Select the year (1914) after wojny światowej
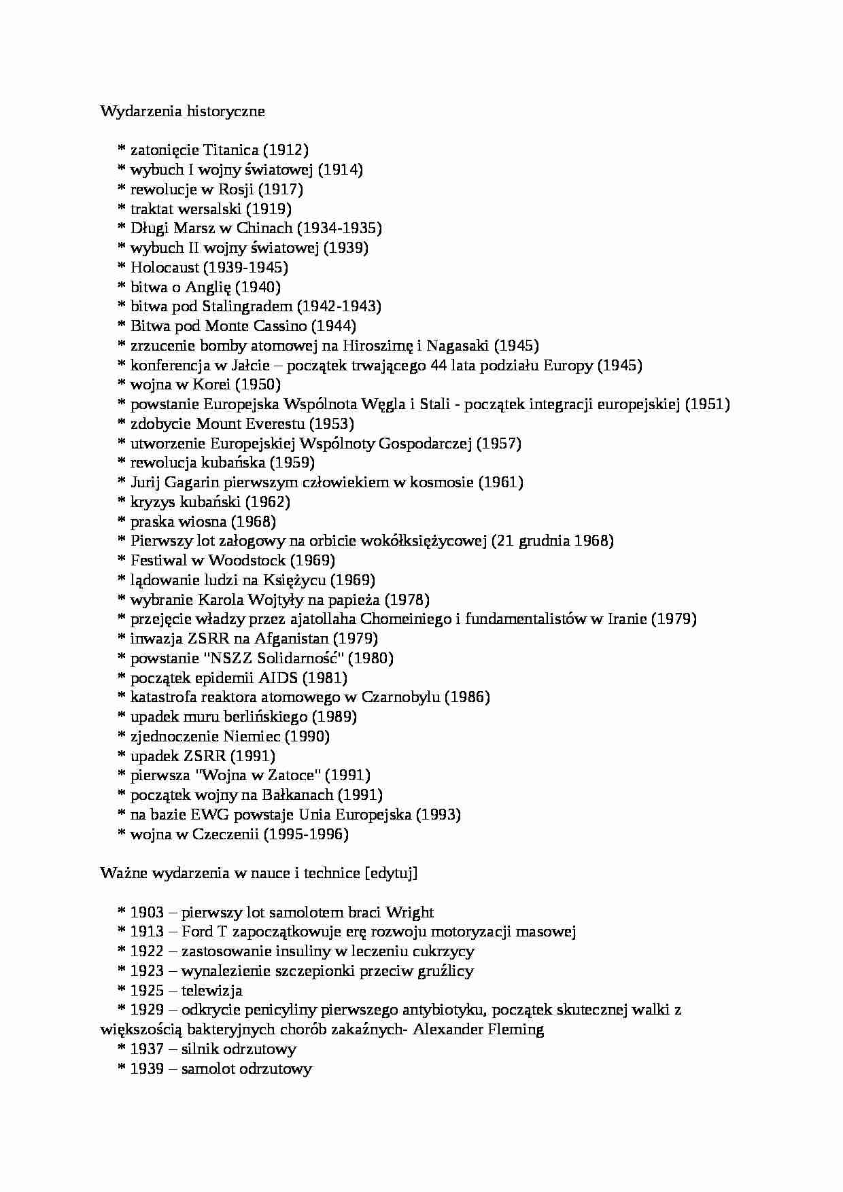pyautogui.click(x=341, y=170)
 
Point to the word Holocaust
pyautogui.click(x=165, y=268)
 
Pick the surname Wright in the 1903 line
pyautogui.click(x=409, y=913)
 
